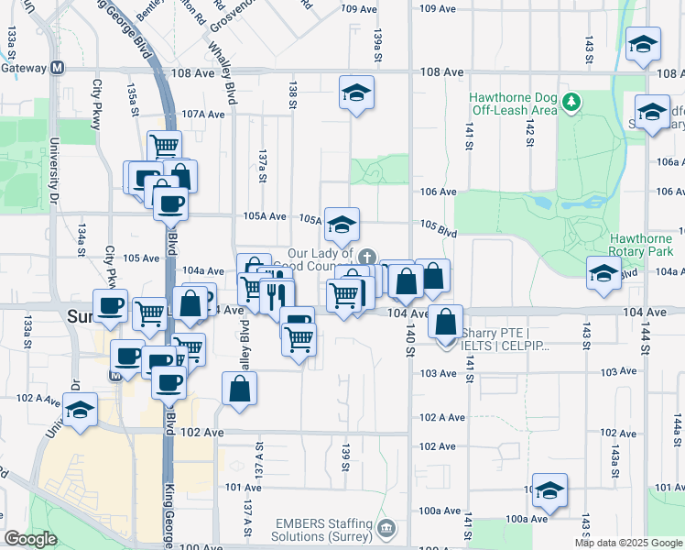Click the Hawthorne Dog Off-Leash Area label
(x=513, y=104)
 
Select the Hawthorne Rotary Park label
(x=647, y=245)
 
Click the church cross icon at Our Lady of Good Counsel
(x=367, y=258)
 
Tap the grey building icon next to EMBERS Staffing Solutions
(x=386, y=529)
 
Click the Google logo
(x=30, y=539)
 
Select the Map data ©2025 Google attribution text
(x=628, y=543)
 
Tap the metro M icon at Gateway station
(x=58, y=68)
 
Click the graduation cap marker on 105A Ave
(x=342, y=225)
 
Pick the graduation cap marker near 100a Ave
(x=549, y=490)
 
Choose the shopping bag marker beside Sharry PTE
(x=445, y=322)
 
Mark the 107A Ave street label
(x=202, y=115)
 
